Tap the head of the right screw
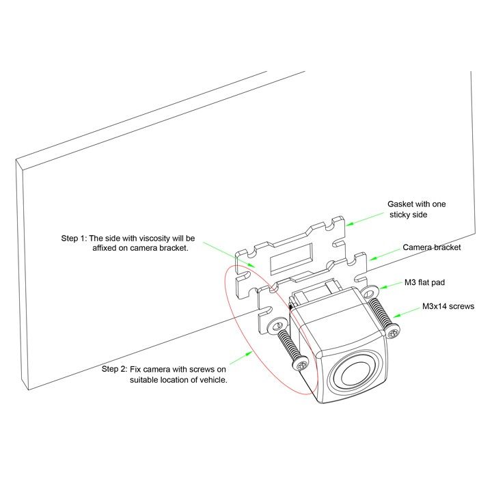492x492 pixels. point(392,331)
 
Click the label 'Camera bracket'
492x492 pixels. point(432,247)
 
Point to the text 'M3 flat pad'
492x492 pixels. point(424,282)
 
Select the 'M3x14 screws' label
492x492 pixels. point(448,306)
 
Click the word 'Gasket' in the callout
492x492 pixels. point(400,204)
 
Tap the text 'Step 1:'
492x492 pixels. point(73,238)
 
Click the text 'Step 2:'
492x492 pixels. point(114,369)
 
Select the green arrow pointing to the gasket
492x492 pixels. point(365,219)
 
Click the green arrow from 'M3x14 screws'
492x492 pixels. point(406,313)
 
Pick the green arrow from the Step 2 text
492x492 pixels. point(242,357)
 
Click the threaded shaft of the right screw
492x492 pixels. point(379,312)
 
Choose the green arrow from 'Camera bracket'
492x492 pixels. point(385,255)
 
